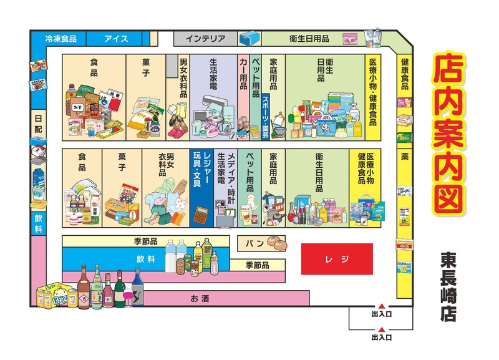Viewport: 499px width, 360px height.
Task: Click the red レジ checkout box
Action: pyautogui.click(x=337, y=258)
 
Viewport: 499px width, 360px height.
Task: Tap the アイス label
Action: pyautogui.click(x=116, y=39)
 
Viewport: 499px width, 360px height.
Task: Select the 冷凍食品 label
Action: pyautogui.click(x=61, y=39)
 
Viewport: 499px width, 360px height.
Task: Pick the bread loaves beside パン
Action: pyautogui.click(x=276, y=241)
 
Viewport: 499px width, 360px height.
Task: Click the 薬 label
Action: pyautogui.click(x=404, y=154)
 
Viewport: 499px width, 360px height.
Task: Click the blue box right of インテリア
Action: pyautogui.click(x=250, y=37)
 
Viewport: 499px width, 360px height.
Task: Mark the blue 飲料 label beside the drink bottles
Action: pyautogui.click(x=146, y=258)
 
